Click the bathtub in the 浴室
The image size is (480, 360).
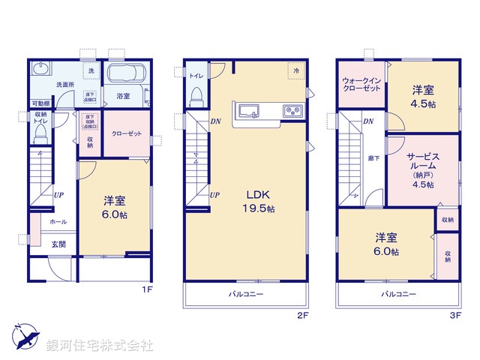click(126, 76)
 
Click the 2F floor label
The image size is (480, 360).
click(301, 316)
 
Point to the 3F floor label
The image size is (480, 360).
click(454, 316)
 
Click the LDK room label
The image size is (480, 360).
click(250, 193)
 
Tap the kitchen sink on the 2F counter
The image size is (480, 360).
click(248, 112)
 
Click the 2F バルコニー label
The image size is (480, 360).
click(246, 294)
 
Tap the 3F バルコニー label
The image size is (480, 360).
click(398, 294)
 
